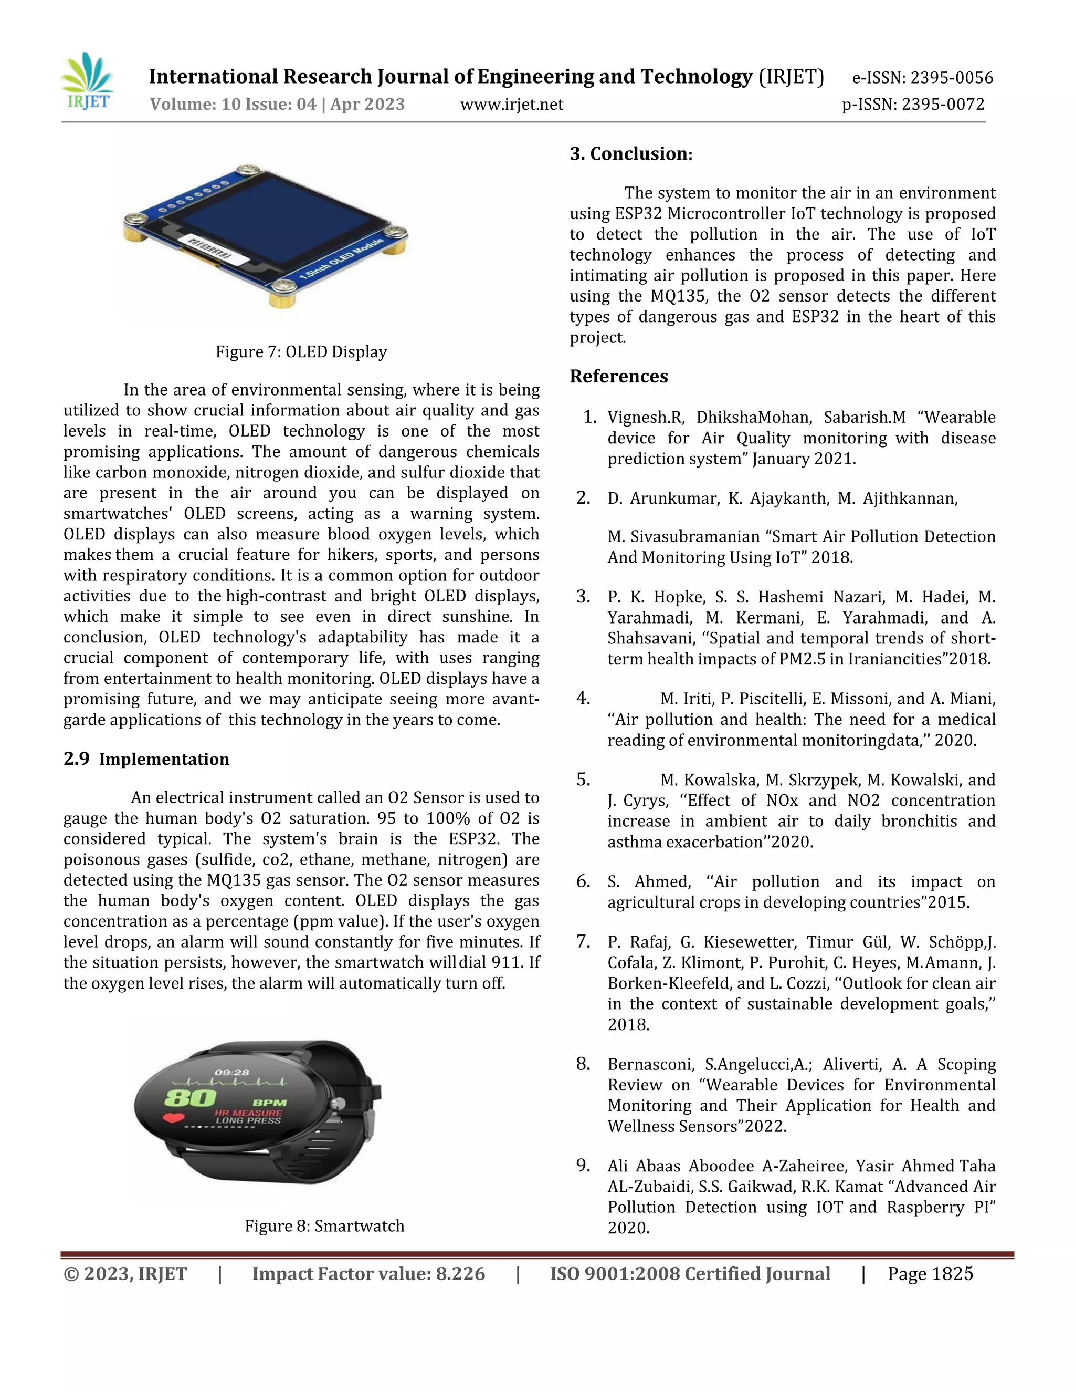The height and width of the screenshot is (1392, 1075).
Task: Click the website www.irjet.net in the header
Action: click(511, 105)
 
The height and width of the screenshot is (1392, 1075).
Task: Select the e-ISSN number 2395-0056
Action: click(952, 78)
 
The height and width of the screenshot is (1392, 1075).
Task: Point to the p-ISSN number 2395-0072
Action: click(943, 105)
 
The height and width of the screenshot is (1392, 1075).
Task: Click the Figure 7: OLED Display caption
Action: click(301, 352)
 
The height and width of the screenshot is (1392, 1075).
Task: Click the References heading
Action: click(618, 376)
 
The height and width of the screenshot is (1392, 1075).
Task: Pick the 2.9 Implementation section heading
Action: click(146, 759)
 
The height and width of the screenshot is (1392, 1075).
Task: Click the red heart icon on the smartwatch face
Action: click(173, 1117)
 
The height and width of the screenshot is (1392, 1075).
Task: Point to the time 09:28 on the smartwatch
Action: click(232, 1073)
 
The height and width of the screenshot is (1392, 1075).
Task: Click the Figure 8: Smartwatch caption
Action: click(324, 1225)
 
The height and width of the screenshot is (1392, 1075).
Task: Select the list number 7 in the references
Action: click(583, 941)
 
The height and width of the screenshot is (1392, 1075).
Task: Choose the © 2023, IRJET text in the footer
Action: click(125, 1274)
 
